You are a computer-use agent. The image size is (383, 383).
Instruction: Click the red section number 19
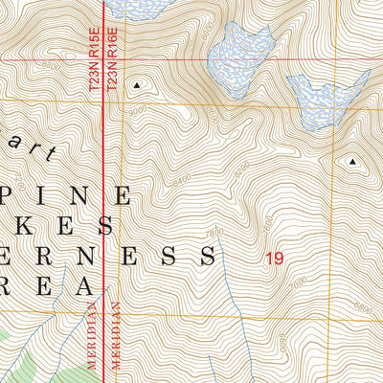pyautogui.click(x=275, y=258)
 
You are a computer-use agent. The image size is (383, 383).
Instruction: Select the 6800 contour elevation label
pyautogui.click(x=362, y=305)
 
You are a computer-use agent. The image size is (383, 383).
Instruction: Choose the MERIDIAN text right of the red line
pyautogui.click(x=115, y=340)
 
